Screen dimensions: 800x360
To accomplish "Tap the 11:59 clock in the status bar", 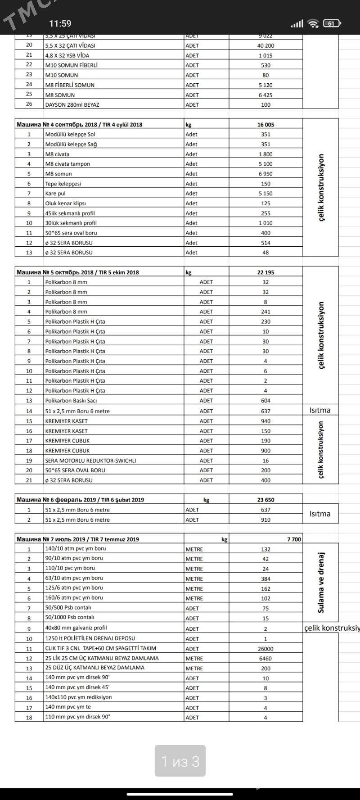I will (x=60, y=23).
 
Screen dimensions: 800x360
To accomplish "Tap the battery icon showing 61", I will (x=332, y=23).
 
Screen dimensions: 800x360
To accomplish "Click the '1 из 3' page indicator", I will (x=180, y=761).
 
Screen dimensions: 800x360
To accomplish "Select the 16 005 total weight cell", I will (x=265, y=125).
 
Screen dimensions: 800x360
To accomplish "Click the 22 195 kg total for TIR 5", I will (x=265, y=272).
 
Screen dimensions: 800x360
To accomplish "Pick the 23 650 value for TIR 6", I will (x=265, y=500).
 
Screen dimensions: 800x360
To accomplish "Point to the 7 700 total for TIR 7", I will (x=294, y=539).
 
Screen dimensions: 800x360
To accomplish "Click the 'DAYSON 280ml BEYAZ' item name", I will (x=72, y=104).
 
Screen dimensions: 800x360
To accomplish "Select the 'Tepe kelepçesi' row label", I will (x=63, y=184).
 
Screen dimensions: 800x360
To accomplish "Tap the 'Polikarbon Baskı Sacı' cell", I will (x=71, y=401).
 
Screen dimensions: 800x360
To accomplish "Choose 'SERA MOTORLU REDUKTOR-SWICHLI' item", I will (x=90, y=461).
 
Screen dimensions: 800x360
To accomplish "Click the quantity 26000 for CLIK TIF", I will (x=265, y=649).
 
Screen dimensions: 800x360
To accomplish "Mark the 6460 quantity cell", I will (x=265, y=659).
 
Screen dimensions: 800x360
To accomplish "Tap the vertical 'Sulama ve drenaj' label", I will (x=321, y=583).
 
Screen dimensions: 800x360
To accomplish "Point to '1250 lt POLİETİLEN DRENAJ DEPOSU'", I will (x=90, y=638).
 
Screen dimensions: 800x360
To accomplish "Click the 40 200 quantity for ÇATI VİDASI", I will (x=265, y=45).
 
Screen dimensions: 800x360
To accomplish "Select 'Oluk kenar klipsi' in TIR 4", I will (x=65, y=203).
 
